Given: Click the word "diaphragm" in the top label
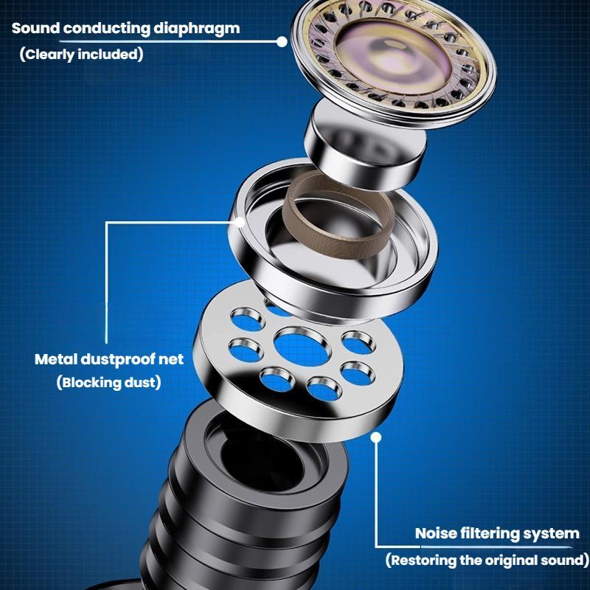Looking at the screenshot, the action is pos(196,29).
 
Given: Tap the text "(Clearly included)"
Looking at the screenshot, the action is pos(82,55).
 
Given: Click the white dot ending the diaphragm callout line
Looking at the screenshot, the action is pos(282,42).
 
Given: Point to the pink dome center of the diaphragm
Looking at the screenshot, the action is pos(392,60).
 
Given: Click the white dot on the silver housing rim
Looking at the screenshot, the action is pos(240,222).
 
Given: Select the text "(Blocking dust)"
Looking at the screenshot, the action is pos(108,383).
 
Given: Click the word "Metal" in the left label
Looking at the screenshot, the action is pos(56,359).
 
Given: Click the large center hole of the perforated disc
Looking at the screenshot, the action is pos(302,347).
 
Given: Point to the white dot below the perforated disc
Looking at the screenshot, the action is pos(376,437).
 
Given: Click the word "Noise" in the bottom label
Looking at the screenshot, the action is pos(437,533).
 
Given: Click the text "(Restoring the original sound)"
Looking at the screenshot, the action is pos(487,560).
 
